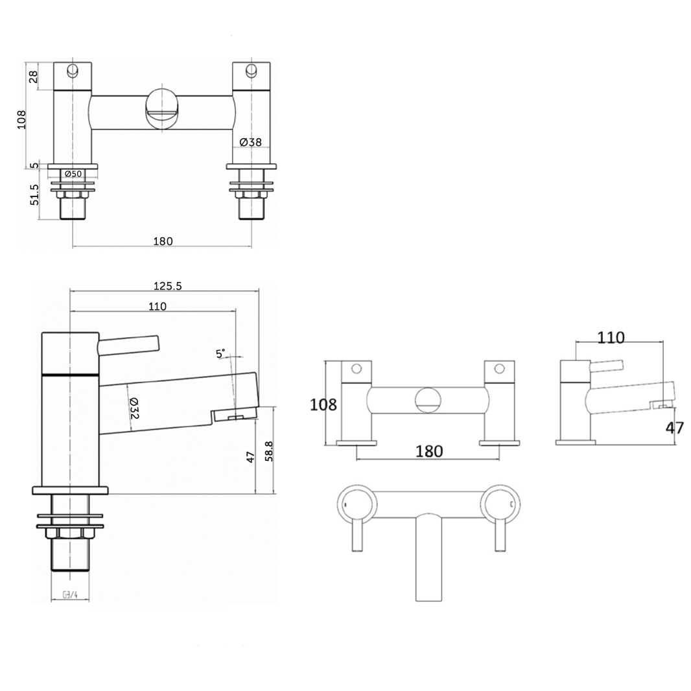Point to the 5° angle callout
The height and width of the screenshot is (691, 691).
221,353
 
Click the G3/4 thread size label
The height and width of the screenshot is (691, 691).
69,596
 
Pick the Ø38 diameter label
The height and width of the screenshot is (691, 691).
250,142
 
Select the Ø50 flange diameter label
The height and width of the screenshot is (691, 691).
73,174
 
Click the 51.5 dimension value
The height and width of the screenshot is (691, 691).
33,194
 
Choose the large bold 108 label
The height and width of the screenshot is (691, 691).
323,405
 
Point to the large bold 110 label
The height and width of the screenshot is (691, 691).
611,338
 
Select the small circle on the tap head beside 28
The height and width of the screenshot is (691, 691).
73,71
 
